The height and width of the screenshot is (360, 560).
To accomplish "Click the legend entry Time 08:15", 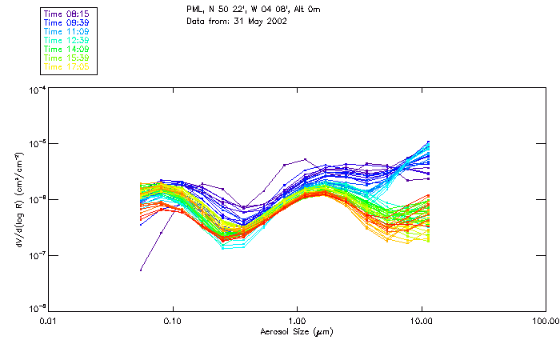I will click(x=66, y=14).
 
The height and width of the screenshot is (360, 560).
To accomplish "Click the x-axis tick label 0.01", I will click(x=48, y=321).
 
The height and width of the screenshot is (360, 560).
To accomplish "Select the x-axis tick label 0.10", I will click(x=172, y=321).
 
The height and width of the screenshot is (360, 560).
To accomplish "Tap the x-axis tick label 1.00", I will click(x=297, y=321).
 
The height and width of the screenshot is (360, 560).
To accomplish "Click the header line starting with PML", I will click(x=251, y=9).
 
